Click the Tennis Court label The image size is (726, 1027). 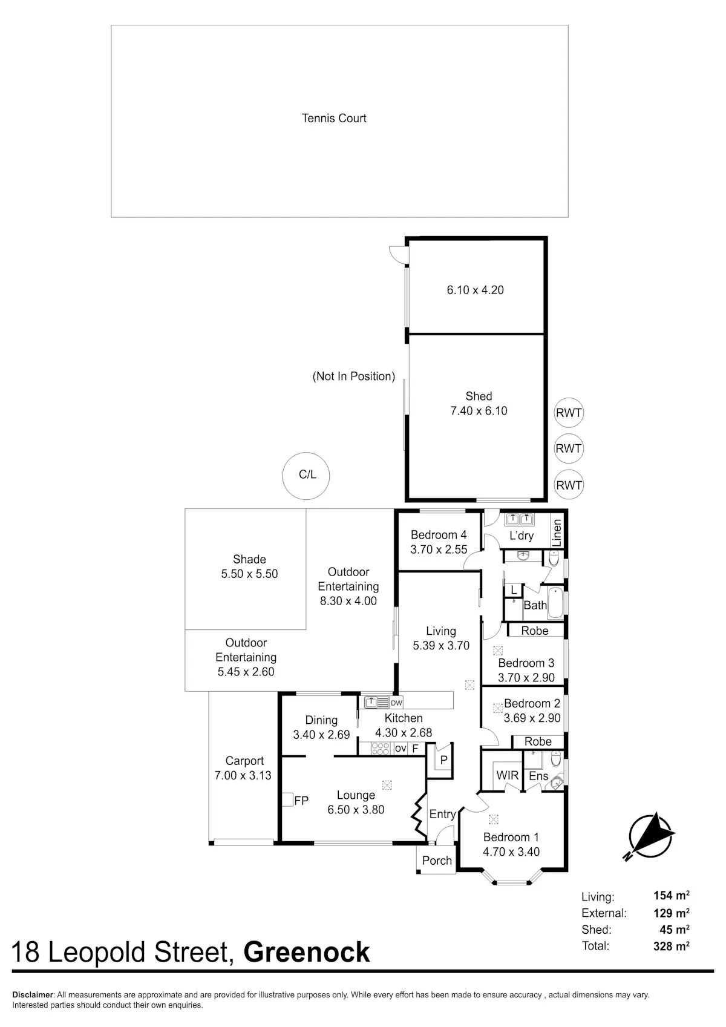click(x=334, y=118)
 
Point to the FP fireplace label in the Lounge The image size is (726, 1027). click(x=301, y=801)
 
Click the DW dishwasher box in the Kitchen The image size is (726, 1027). click(x=396, y=703)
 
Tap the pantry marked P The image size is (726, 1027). click(x=440, y=761)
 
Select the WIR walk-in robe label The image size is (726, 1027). click(x=508, y=775)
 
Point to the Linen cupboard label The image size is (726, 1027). click(x=557, y=533)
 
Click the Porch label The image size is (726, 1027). click(x=437, y=861)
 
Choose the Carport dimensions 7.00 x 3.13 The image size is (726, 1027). click(x=243, y=775)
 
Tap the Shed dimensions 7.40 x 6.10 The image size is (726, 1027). click(x=479, y=411)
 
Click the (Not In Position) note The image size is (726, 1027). click(x=353, y=376)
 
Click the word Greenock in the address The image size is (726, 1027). click(x=306, y=953)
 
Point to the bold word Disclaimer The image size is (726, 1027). click(x=33, y=995)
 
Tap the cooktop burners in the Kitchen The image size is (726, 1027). click(x=380, y=749)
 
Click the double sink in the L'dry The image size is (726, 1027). click(x=519, y=519)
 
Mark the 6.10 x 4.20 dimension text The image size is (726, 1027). click(x=476, y=290)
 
